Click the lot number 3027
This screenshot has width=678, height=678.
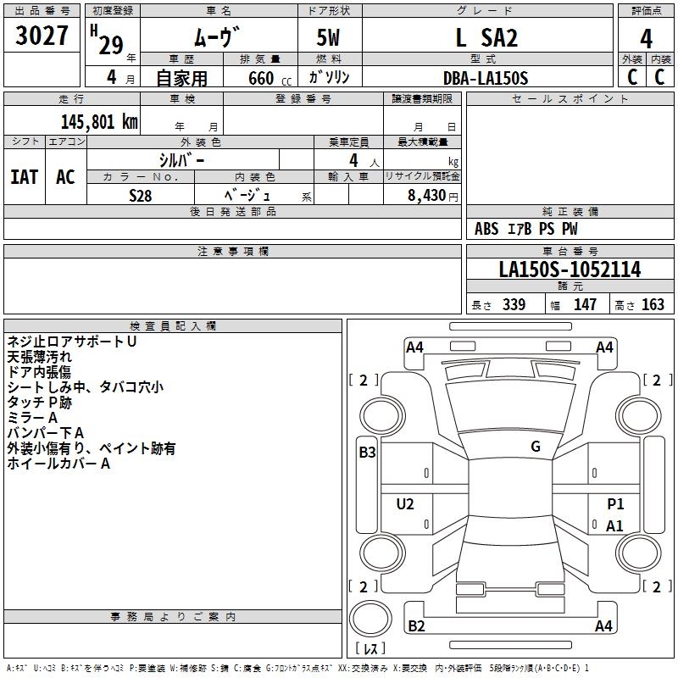pos(42,36)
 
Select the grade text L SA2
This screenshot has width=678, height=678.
pos(486,37)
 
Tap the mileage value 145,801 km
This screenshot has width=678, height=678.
pos(99,121)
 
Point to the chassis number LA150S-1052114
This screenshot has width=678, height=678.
pos(570,270)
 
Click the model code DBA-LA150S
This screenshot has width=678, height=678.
pos(486,78)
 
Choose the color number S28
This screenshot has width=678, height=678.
pos(141,196)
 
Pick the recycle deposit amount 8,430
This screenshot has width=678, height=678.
pos(427,196)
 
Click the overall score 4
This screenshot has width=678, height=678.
pos(646,38)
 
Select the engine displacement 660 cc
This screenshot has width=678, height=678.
pos(270,78)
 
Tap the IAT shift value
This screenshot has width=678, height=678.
pos(25,177)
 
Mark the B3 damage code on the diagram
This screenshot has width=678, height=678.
pos(367,453)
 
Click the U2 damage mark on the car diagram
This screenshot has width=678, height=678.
pos(405,503)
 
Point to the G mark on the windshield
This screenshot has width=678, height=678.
pos(536,447)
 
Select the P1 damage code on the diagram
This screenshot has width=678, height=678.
pos(615,503)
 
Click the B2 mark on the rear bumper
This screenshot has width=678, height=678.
pos(416,625)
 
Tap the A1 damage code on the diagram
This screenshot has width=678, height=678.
pos(614,525)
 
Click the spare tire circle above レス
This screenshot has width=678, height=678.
pos(370,619)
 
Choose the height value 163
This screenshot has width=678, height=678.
pos(653,304)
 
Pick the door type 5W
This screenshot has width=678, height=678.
pos(328,37)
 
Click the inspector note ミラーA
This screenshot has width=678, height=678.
pos(32,418)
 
